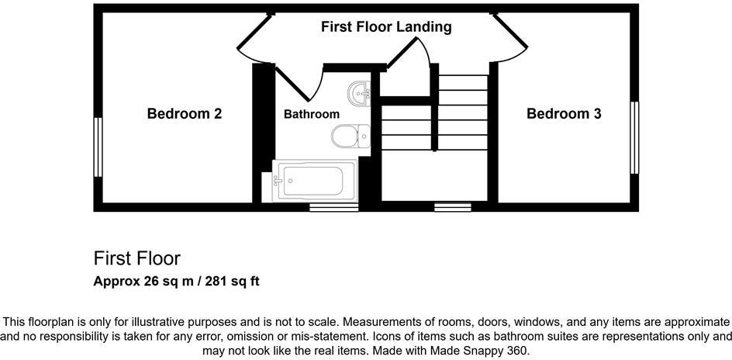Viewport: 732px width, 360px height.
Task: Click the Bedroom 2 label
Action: click(x=185, y=114)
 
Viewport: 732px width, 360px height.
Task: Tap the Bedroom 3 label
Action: click(x=564, y=114)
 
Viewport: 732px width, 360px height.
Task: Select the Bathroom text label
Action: click(x=311, y=114)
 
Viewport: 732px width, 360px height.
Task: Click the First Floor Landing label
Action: click(x=386, y=27)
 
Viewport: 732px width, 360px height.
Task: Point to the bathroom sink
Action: click(x=361, y=93)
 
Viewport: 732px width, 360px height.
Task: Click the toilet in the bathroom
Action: click(x=350, y=137)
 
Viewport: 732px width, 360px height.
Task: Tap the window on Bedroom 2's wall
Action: click(x=98, y=147)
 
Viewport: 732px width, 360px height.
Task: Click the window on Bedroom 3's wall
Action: click(x=634, y=137)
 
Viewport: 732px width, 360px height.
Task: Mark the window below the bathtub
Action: click(x=333, y=207)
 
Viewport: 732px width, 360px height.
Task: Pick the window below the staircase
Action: click(x=452, y=207)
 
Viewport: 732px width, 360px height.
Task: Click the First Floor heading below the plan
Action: click(x=136, y=258)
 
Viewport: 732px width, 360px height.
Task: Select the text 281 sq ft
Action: click(x=230, y=281)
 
